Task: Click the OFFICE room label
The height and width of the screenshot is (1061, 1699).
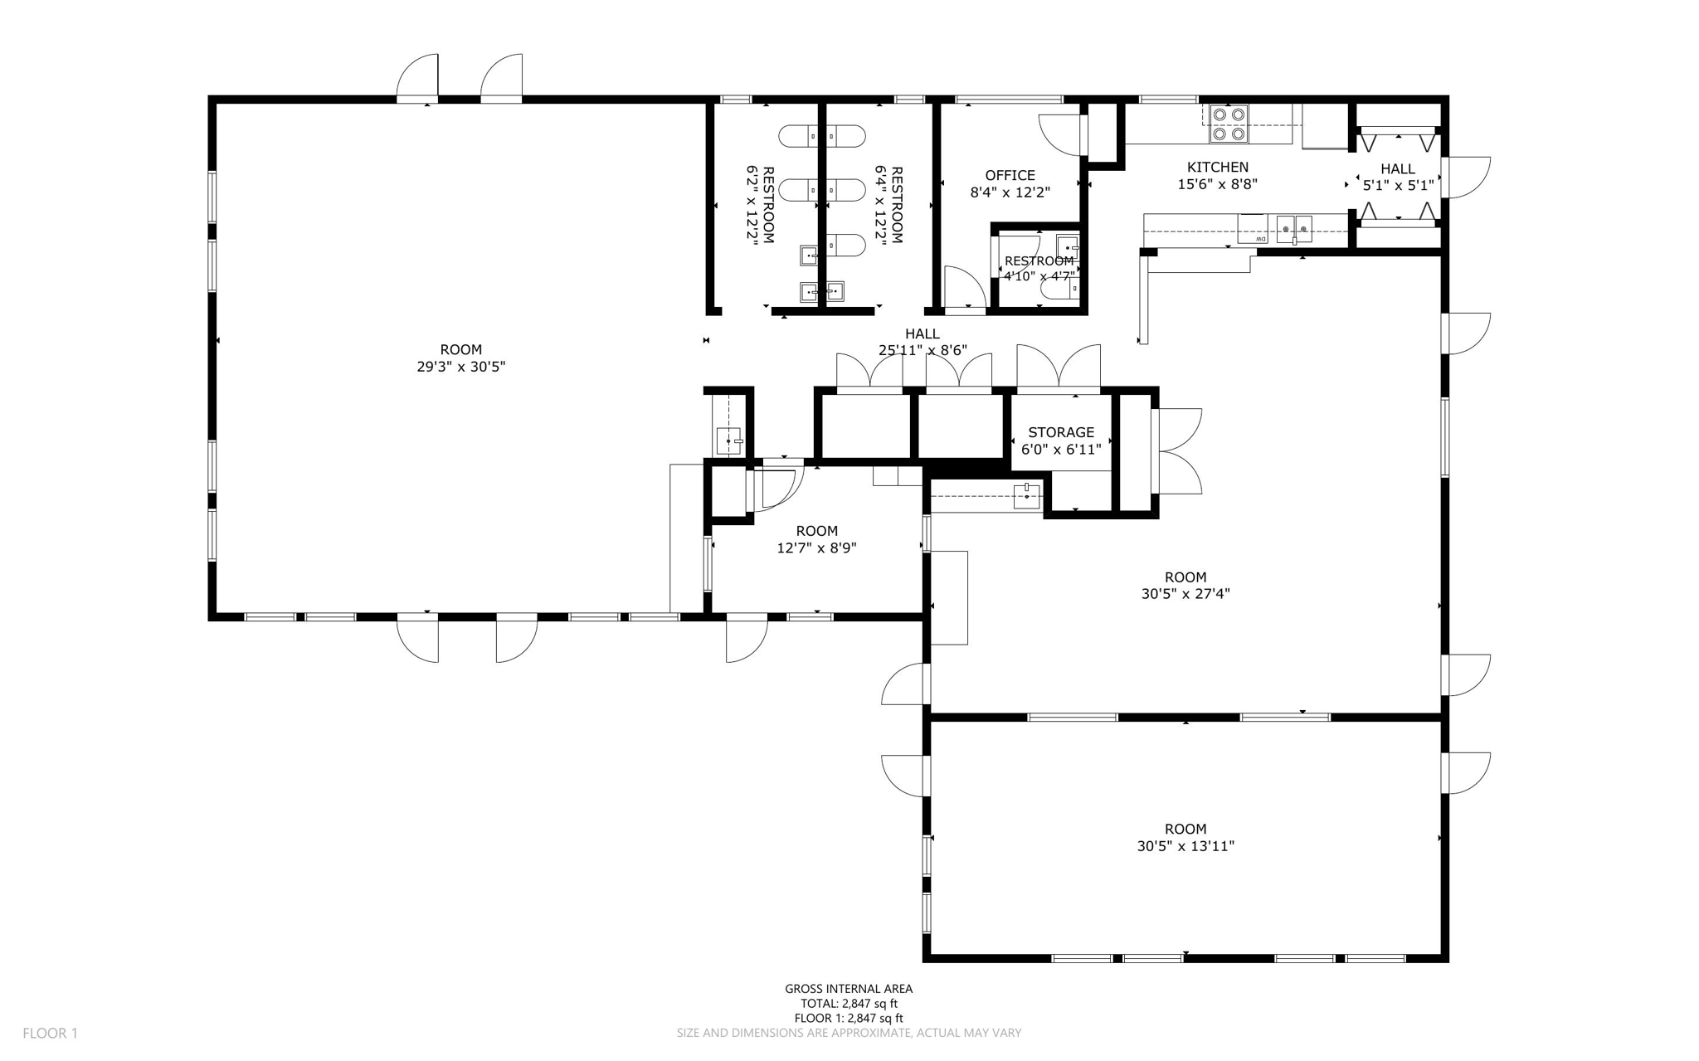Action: (x=1010, y=176)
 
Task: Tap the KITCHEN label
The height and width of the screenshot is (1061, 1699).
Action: (x=1217, y=168)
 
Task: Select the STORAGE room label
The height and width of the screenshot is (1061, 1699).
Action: (x=1061, y=432)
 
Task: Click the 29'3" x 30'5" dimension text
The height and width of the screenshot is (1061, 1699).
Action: (x=460, y=367)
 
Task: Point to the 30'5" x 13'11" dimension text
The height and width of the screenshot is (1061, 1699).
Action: (x=1185, y=846)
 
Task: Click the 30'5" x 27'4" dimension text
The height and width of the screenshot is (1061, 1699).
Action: (x=1185, y=594)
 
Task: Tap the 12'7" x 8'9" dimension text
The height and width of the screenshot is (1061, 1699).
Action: (x=816, y=548)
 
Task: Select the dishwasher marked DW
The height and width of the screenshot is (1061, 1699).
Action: (x=1253, y=229)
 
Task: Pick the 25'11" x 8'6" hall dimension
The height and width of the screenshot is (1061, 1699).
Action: (x=923, y=351)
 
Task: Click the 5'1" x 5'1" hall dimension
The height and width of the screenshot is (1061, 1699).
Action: (x=1398, y=186)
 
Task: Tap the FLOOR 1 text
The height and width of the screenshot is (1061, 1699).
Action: (x=50, y=1034)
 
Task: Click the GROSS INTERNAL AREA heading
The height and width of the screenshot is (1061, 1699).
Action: (x=849, y=989)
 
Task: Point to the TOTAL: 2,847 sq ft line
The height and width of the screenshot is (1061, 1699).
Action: (x=849, y=1004)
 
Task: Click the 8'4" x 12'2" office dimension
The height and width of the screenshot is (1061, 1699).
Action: (x=1010, y=192)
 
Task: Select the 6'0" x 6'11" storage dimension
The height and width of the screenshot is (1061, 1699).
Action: (x=1061, y=450)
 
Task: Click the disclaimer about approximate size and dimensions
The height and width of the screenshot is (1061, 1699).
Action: (x=849, y=1034)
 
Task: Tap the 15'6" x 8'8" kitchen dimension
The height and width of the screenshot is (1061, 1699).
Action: (x=1217, y=184)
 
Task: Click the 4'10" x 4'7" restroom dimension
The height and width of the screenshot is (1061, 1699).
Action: (x=1039, y=276)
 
